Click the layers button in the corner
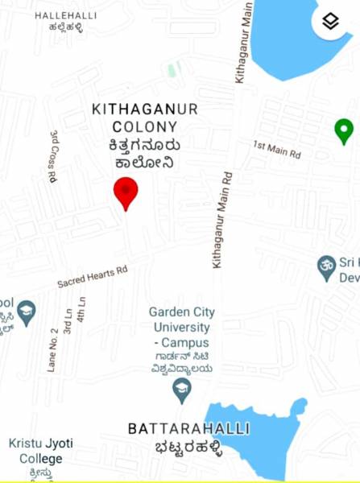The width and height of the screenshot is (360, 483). tap(330, 22)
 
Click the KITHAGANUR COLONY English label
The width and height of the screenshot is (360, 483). tap(145, 118)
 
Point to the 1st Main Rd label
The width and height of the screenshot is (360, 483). tap(276, 148)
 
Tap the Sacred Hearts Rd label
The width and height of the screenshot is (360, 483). tap(93, 278)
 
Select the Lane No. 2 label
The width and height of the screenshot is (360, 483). tap(54, 349)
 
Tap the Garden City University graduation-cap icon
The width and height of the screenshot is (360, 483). tap(183, 391)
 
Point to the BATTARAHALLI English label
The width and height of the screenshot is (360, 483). tap(188, 429)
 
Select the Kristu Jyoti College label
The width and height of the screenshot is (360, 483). tap(35, 451)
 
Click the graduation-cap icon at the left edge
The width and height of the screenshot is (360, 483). tap(27, 313)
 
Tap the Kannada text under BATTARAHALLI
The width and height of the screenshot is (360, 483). tap(188, 448)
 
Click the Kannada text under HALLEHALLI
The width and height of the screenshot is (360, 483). tap(64, 29)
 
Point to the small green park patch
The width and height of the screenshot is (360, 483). tap(172, 69)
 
